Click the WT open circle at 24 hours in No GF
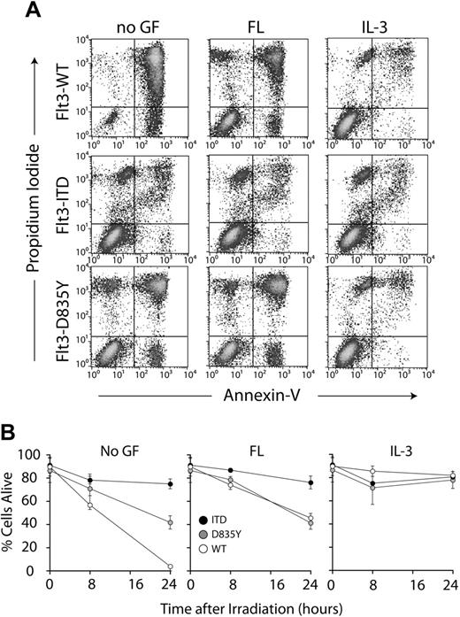point(169,567)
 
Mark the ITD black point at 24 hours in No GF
point(169,484)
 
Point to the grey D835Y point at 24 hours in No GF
point(169,523)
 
